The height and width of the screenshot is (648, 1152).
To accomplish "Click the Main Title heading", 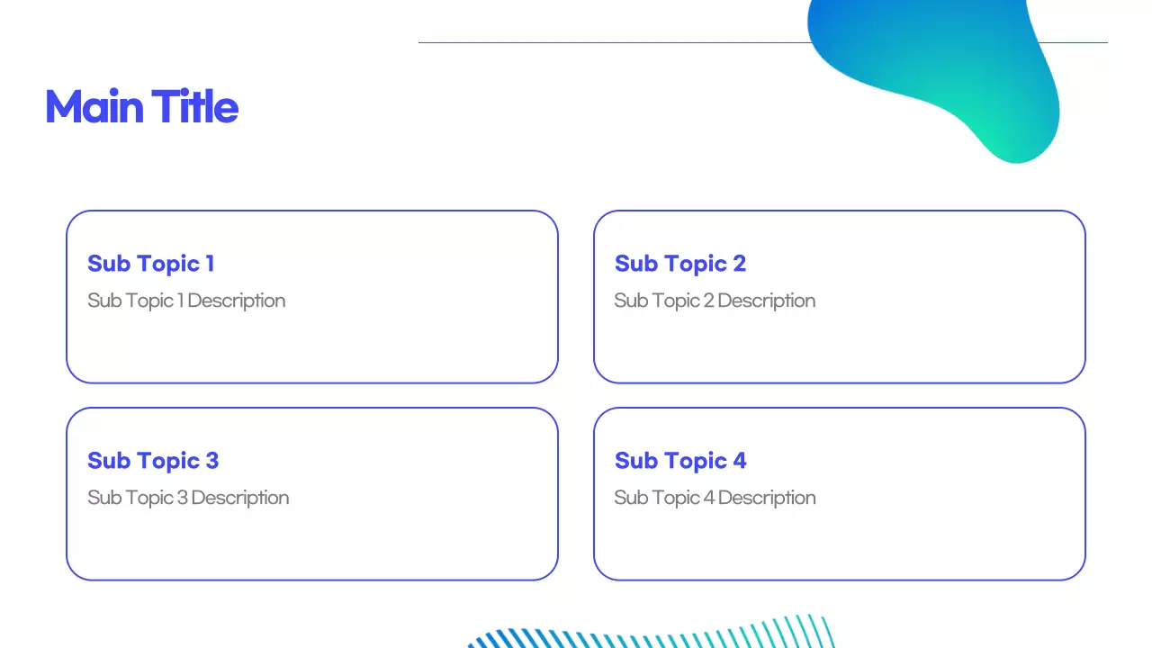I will pyautogui.click(x=141, y=107).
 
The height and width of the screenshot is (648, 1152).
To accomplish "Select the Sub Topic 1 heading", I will pyautogui.click(x=150, y=264).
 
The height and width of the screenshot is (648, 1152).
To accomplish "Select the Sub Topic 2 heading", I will pyautogui.click(x=679, y=264).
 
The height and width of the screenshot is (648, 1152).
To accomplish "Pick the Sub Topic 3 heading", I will pyautogui.click(x=152, y=461).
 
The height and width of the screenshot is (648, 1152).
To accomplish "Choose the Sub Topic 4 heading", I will pyautogui.click(x=679, y=461).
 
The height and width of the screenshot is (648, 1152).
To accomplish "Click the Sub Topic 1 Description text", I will pyautogui.click(x=186, y=301).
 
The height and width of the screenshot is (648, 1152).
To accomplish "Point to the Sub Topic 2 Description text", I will pyautogui.click(x=715, y=301).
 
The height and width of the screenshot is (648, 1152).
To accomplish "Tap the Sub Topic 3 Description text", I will pyautogui.click(x=188, y=498).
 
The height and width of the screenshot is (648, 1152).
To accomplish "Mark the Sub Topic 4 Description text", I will pyautogui.click(x=715, y=498).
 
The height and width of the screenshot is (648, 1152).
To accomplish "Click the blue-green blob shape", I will pyautogui.click(x=945, y=72).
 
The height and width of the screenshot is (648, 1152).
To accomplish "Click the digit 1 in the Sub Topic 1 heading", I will pyautogui.click(x=210, y=264).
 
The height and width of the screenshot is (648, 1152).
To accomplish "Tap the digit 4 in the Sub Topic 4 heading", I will pyautogui.click(x=739, y=461).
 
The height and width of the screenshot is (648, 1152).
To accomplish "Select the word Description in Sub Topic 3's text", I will pyautogui.click(x=240, y=498).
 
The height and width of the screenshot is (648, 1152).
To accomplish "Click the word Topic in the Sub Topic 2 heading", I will pyautogui.click(x=695, y=264).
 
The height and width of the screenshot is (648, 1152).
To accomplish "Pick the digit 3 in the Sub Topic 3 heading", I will pyautogui.click(x=211, y=461).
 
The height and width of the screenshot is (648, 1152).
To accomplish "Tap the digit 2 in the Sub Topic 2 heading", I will pyautogui.click(x=739, y=264).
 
